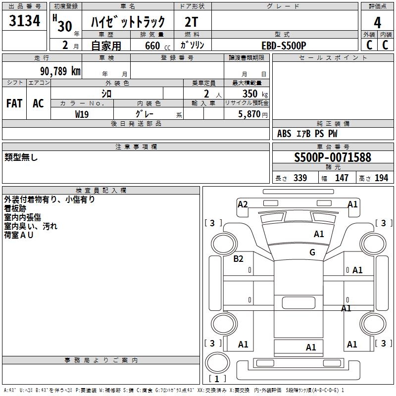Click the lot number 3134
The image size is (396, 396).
[24, 20]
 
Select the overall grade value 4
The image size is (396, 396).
[377, 23]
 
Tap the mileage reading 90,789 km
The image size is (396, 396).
[60, 71]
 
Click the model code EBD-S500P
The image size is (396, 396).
[284, 46]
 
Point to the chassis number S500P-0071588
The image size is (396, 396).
[333, 157]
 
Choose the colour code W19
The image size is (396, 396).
[82, 114]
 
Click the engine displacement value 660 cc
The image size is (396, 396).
[157, 46]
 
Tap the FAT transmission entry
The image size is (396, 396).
[14, 103]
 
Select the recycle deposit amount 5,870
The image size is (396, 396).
[249, 114]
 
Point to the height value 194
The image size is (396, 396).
[381, 178]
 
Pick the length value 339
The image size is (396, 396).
[300, 178]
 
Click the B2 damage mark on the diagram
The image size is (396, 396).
[238, 259]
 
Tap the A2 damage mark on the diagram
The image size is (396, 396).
[243, 204]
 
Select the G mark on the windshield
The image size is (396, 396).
[312, 252]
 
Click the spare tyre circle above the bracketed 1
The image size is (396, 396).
[217, 362]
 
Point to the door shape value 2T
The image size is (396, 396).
[191, 22]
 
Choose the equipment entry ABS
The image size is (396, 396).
[284, 134]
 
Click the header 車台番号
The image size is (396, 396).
[333, 147]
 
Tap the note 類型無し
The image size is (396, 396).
[21, 157]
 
